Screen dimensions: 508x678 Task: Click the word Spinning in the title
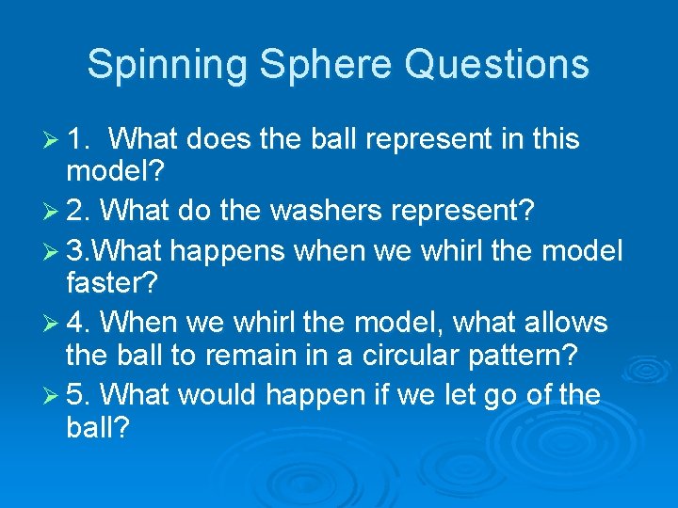(167, 65)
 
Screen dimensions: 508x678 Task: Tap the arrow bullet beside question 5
(54, 395)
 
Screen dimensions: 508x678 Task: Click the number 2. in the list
(78, 212)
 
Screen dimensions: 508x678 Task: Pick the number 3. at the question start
(78, 251)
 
